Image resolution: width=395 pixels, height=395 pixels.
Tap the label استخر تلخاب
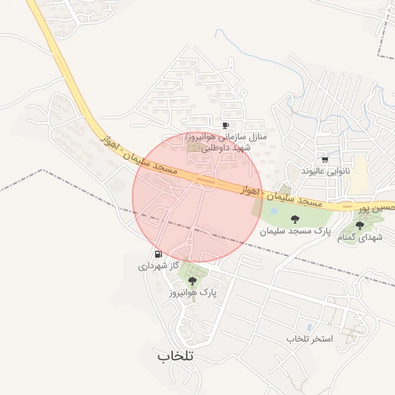(x=309, y=339)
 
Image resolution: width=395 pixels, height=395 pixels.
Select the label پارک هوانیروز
(x=192, y=293)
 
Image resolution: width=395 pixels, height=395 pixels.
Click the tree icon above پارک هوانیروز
(x=192, y=281)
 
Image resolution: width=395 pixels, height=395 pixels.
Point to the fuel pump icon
(x=158, y=254)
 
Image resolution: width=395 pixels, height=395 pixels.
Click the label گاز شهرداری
(x=158, y=265)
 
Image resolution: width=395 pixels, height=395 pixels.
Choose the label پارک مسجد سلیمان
(x=295, y=231)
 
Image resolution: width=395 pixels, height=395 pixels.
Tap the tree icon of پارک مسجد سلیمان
(x=294, y=219)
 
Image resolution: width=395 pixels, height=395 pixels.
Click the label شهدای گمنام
(x=360, y=237)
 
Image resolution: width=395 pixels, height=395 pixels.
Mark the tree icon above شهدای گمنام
(x=360, y=225)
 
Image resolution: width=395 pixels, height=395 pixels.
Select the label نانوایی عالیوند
(x=325, y=170)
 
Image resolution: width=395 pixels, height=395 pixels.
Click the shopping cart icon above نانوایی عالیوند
(x=325, y=158)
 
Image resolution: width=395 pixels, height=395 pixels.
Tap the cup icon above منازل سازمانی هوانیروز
(x=226, y=125)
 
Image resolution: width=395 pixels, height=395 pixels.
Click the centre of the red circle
(x=197, y=197)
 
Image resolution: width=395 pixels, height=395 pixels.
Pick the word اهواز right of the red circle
(x=248, y=188)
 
